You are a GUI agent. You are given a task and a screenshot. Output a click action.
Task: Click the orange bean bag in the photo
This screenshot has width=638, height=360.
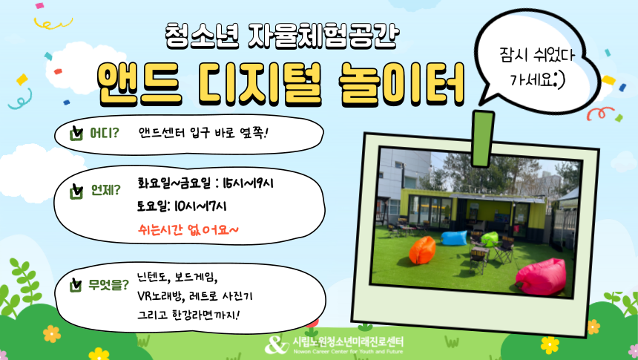pyautogui.click(x=422, y=250)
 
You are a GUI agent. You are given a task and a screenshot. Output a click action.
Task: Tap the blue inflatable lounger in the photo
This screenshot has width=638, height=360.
pyautogui.click(x=454, y=238)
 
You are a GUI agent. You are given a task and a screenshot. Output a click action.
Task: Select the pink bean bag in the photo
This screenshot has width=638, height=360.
pyautogui.click(x=541, y=277)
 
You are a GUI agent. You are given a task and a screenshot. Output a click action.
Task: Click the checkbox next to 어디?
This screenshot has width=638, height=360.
pyautogui.click(x=76, y=133)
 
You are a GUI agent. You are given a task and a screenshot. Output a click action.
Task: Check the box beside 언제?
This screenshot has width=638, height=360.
pyautogui.click(x=76, y=191)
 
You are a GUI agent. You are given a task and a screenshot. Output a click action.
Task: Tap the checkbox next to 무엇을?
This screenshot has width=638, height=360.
pyautogui.click(x=76, y=285)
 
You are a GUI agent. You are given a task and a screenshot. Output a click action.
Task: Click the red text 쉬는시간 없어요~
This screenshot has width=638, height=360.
pyautogui.click(x=188, y=230)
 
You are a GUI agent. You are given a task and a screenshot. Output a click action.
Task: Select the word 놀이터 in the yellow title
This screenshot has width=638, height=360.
pyautogui.click(x=401, y=85)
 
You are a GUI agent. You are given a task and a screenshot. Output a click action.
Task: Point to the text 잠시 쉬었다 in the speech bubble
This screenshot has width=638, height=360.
pyautogui.click(x=536, y=55)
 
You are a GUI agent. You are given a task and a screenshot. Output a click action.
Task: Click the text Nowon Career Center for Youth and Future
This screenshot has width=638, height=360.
pyautogui.click(x=348, y=351)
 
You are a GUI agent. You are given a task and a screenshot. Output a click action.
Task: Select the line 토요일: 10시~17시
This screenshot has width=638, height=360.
pyautogui.click(x=182, y=206)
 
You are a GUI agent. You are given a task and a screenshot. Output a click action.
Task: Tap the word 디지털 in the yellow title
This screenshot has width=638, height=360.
pyautogui.click(x=260, y=85)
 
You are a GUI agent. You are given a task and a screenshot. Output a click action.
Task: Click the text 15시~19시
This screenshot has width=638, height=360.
pyautogui.click(x=248, y=183)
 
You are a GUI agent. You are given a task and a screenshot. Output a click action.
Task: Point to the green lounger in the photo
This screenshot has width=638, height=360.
pyautogui.click(x=490, y=239)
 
